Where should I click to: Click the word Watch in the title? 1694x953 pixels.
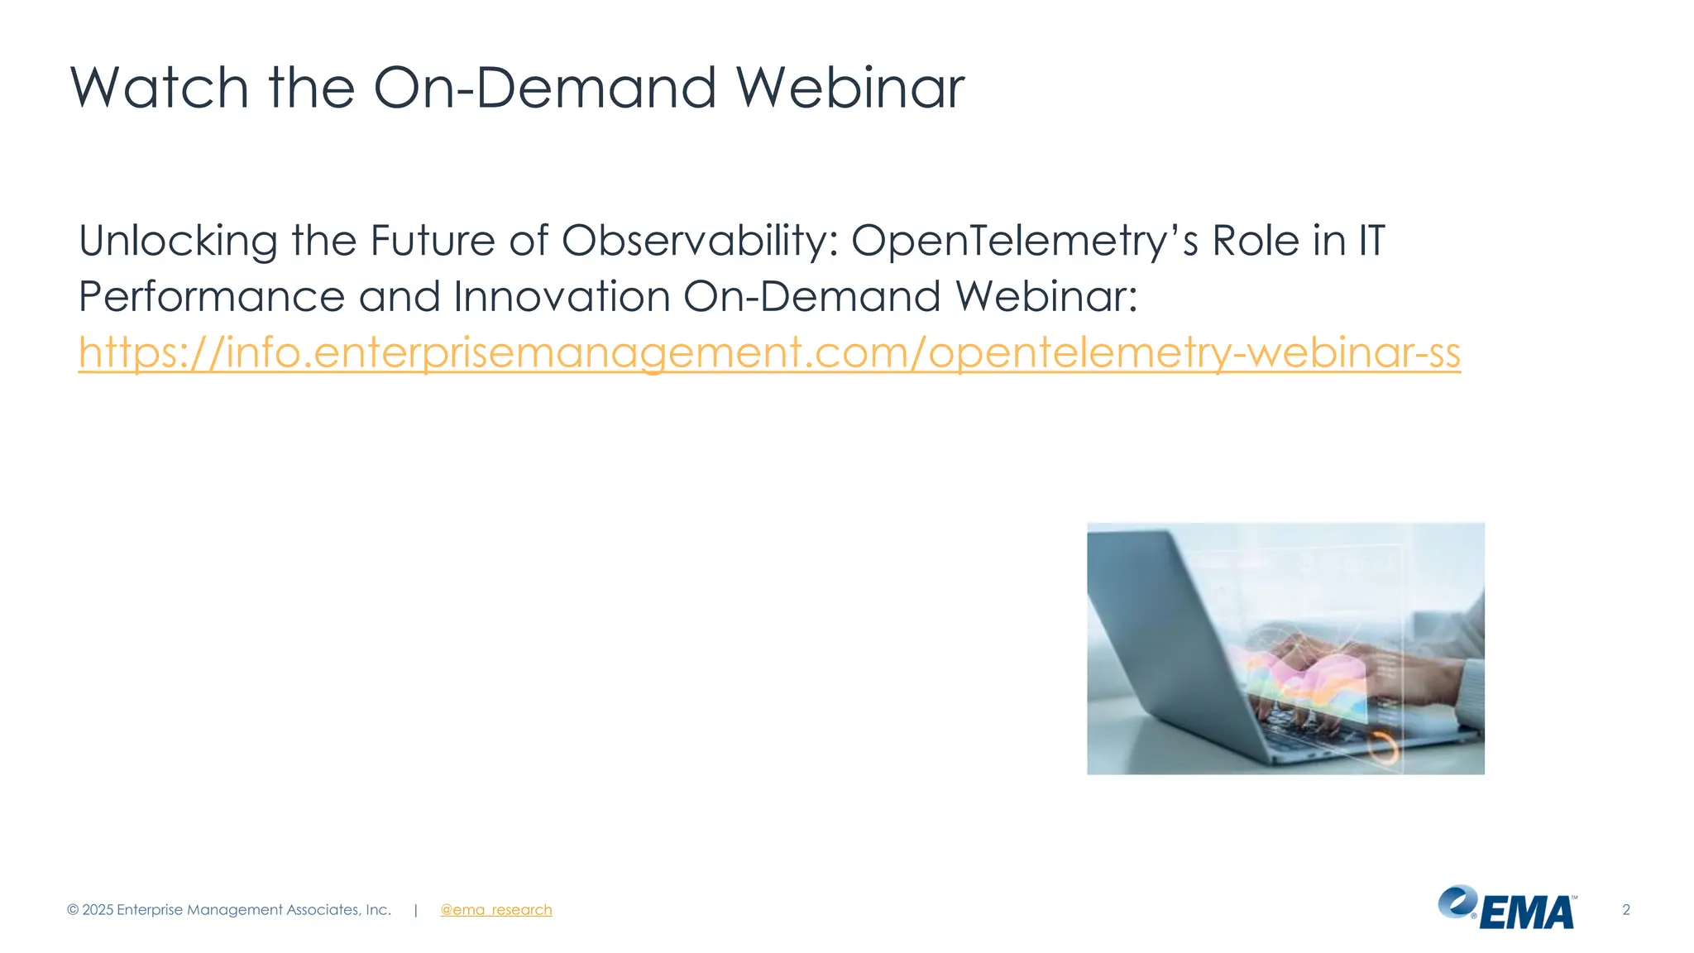pos(159,88)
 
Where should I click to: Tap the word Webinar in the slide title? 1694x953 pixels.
pos(849,88)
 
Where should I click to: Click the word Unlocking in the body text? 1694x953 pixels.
pos(178,242)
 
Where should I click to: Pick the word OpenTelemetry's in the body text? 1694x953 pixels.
pos(1024,242)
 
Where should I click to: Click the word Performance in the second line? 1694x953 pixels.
pos(211,297)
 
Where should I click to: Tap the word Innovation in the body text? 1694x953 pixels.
pos(562,297)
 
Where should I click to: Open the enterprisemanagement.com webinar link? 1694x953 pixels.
pos(769,353)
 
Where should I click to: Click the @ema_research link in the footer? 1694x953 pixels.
pos(495,910)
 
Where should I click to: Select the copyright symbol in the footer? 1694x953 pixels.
pos(73,910)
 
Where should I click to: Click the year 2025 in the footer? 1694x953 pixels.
pos(98,910)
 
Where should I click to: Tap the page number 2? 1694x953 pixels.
pos(1625,910)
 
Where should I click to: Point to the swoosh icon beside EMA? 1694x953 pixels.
pos(1457,901)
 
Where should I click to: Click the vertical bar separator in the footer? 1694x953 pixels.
pos(415,910)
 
